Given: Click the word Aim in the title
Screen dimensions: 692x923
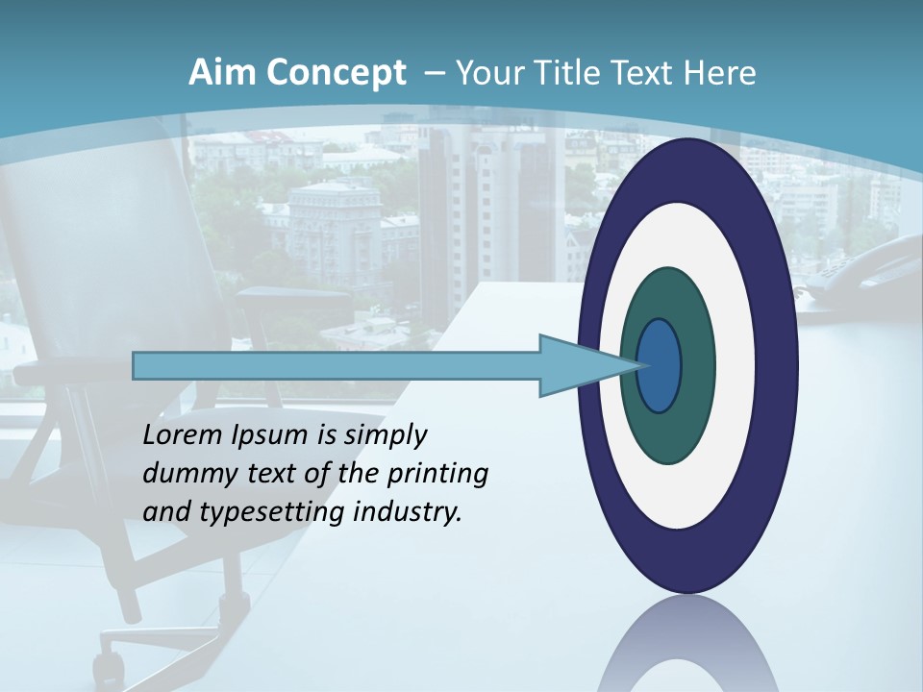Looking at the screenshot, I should click(x=219, y=73).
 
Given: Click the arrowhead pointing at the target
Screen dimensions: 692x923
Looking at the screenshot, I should click(x=577, y=365).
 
